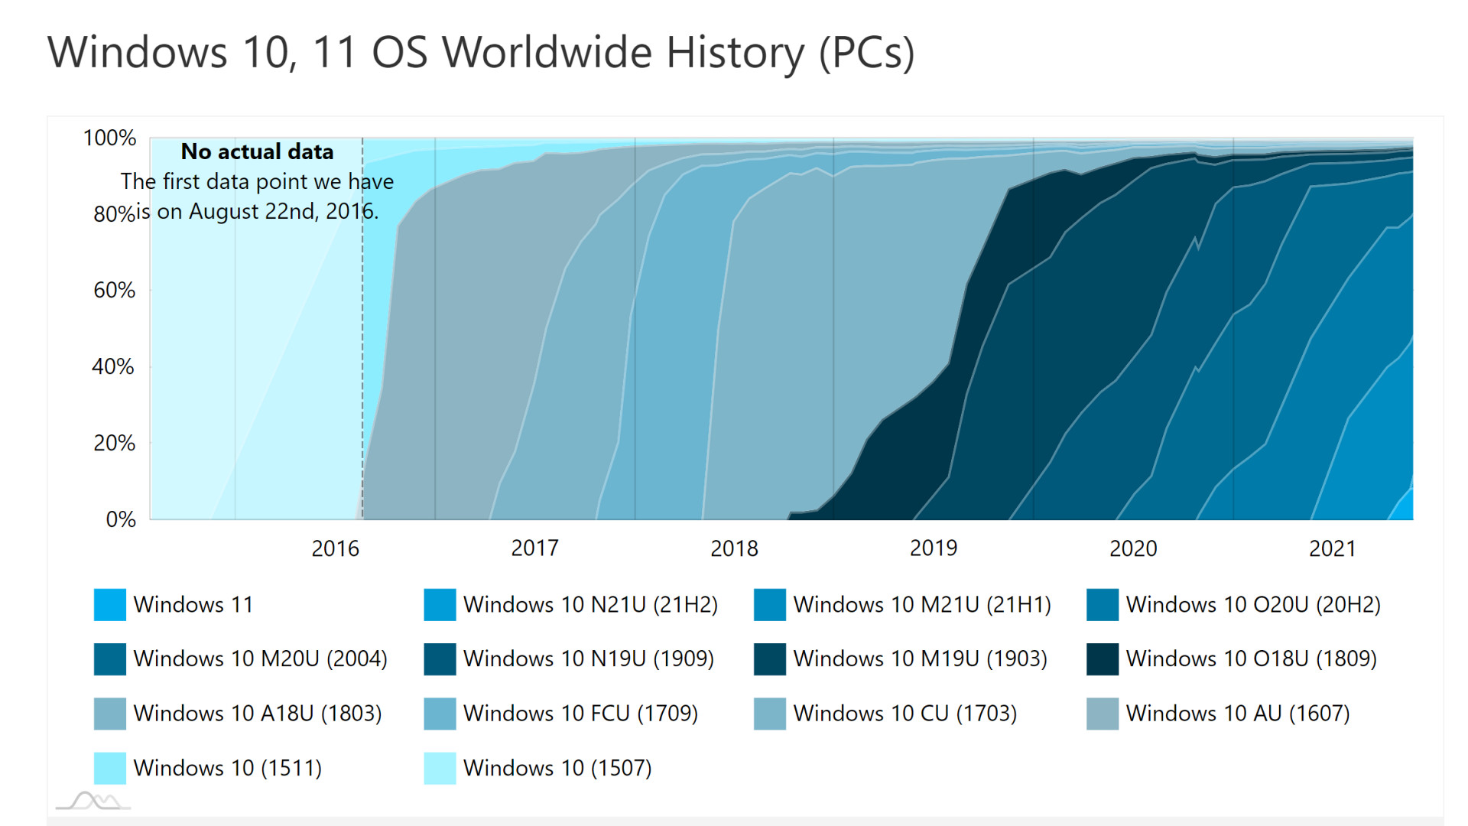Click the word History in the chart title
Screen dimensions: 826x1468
click(735, 53)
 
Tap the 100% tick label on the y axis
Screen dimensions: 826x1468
click(109, 138)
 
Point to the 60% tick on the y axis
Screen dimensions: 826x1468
click(114, 291)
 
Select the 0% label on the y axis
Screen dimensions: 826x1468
click(121, 520)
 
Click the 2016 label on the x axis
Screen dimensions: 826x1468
click(335, 548)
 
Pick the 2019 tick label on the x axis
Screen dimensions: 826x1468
click(934, 548)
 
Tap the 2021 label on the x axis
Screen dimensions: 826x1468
click(1332, 548)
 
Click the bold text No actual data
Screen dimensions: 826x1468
click(257, 151)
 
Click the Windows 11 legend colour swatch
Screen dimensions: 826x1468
click(110, 605)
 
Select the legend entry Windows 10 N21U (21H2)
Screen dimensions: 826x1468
click(590, 605)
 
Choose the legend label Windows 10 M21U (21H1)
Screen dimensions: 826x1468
click(922, 605)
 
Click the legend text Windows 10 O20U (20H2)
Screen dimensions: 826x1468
click(1253, 605)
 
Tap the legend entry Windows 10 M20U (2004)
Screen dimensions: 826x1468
click(260, 659)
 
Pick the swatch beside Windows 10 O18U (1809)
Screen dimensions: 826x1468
click(1103, 659)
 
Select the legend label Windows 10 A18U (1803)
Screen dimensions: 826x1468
click(258, 714)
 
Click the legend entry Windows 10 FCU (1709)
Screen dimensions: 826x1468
click(580, 714)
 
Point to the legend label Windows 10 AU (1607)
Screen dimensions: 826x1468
click(1238, 714)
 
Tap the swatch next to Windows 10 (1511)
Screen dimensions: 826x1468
click(110, 768)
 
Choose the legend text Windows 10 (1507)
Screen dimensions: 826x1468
click(557, 768)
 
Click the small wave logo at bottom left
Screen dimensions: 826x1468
click(93, 801)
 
